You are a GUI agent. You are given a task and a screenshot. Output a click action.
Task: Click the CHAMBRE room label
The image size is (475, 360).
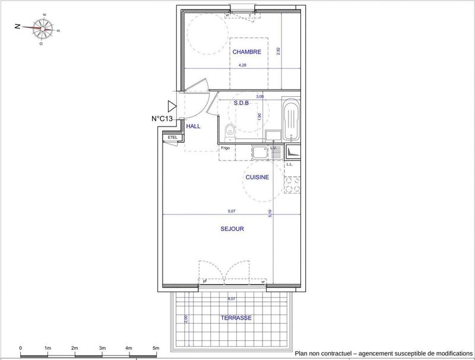[246, 52]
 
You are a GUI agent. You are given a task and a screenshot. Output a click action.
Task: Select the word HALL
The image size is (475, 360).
[194, 127]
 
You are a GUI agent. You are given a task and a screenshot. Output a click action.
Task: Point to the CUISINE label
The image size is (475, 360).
[257, 177]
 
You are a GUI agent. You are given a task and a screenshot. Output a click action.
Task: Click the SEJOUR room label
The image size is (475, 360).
[232, 228]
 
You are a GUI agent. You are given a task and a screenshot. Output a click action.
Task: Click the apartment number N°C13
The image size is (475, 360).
[161, 119]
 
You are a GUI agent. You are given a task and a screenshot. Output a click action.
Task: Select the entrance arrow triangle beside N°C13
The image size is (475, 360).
[172, 106]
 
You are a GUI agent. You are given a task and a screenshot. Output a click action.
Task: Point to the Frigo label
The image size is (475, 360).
[226, 147]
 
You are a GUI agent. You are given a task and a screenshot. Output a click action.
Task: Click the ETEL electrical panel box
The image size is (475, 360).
[173, 138]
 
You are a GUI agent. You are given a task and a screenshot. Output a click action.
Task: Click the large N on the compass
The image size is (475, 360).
[18, 27]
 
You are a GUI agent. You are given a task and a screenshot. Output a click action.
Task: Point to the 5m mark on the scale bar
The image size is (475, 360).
[156, 348]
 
